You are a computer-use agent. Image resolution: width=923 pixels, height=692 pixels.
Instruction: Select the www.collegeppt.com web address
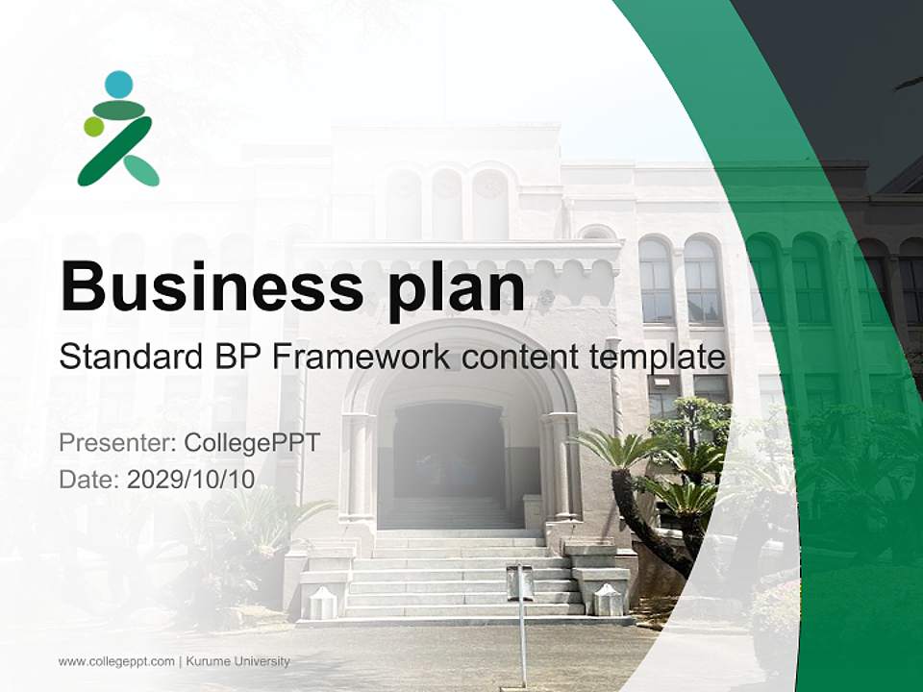click(116, 661)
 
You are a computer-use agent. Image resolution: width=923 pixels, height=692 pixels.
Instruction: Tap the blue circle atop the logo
click(118, 85)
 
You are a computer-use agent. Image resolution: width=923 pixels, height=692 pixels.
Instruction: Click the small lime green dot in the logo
click(93, 126)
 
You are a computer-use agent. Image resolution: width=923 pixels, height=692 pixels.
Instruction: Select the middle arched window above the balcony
click(447, 204)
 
